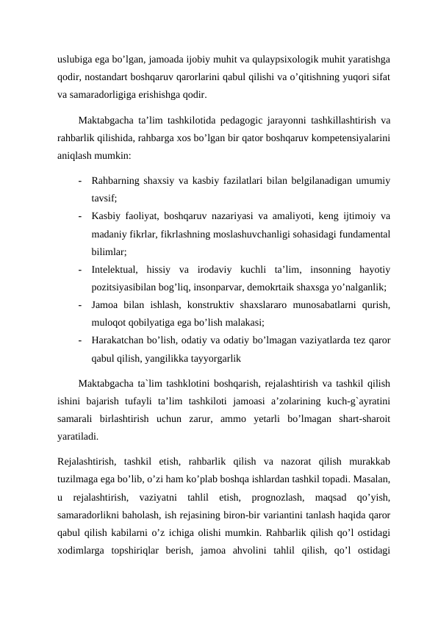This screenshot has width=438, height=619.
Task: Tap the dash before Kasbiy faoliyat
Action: pyautogui.click(x=78, y=216)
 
